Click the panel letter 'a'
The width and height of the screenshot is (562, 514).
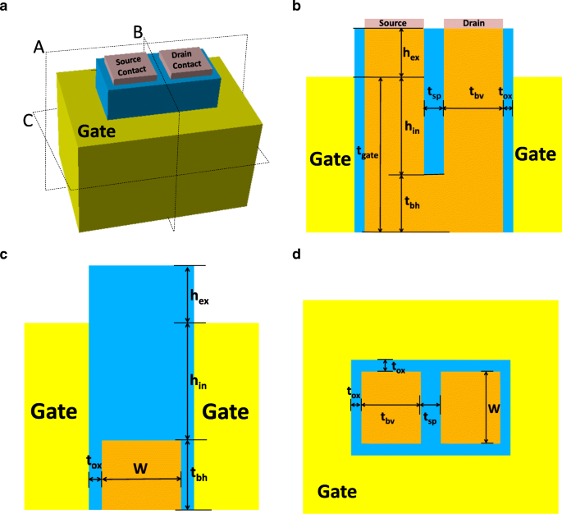(x=4, y=7)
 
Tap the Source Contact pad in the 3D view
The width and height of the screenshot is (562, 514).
(x=130, y=65)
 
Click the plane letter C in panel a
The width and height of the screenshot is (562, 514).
(x=28, y=121)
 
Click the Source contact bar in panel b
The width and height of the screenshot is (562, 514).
(x=389, y=23)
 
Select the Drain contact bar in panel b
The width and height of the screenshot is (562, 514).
(x=473, y=23)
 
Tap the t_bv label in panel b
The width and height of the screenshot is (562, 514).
(x=475, y=94)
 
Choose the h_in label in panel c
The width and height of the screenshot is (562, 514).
(x=199, y=379)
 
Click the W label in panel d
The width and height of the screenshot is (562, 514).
(x=494, y=406)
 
